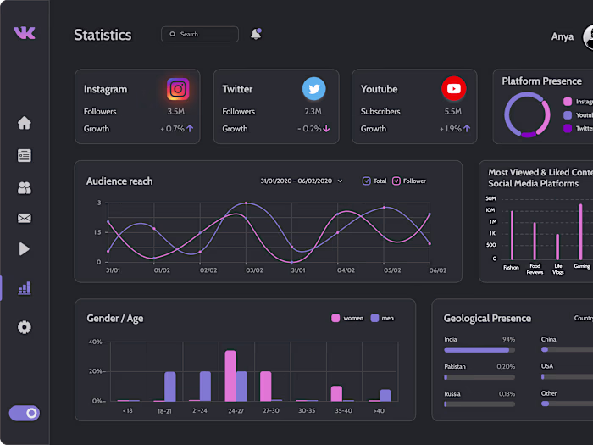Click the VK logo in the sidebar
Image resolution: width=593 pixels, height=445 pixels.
(24, 32)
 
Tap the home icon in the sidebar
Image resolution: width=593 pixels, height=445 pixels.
(24, 123)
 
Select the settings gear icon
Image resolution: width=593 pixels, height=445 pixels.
(24, 327)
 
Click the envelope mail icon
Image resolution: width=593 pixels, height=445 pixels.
(24, 218)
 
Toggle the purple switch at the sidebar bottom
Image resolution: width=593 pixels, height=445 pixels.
(24, 413)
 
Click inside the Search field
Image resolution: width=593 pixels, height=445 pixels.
(203, 35)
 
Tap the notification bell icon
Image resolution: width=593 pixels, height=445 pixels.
(256, 35)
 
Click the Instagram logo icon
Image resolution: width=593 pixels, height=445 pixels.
(178, 88)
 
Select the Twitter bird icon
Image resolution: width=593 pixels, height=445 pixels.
(314, 88)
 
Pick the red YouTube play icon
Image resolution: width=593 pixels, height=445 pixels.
(453, 88)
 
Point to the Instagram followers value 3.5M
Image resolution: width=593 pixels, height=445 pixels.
(175, 112)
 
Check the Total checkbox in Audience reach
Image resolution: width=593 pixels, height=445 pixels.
(367, 181)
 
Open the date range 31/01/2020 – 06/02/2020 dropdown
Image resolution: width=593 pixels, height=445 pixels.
(301, 181)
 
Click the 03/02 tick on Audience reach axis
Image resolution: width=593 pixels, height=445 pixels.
(252, 270)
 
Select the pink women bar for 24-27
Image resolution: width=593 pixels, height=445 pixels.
(230, 375)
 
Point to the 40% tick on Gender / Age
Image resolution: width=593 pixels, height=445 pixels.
(96, 342)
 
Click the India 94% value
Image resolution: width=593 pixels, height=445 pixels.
(508, 339)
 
